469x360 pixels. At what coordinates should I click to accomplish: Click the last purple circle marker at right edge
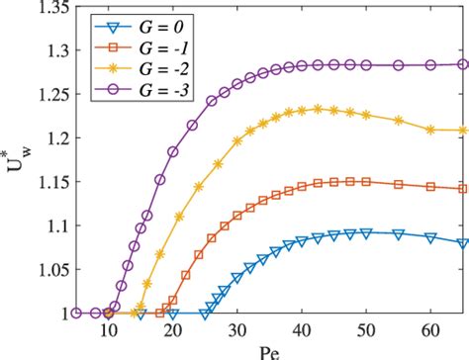462,64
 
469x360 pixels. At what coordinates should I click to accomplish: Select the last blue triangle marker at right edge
462,242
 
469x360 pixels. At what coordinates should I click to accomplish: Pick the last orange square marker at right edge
462,188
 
